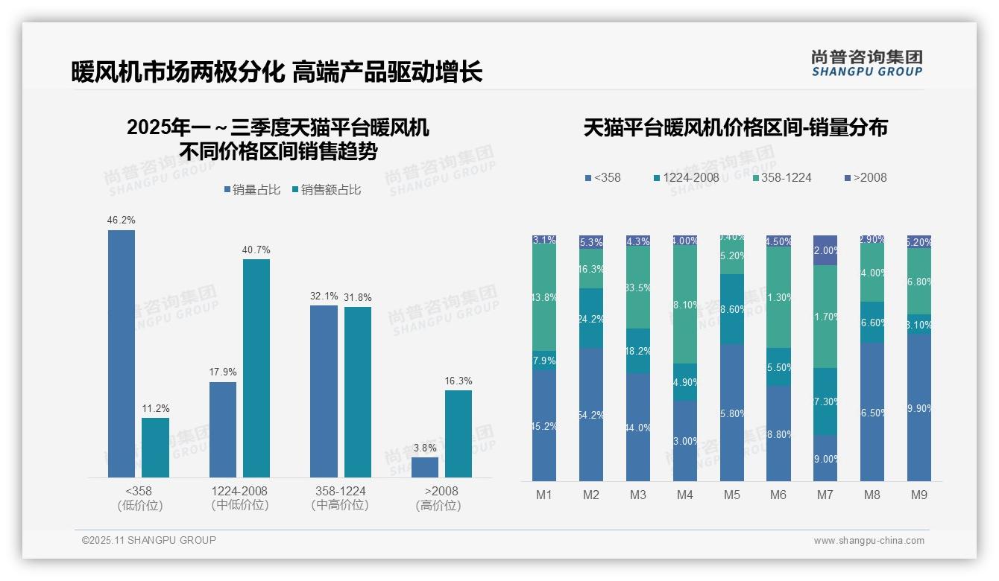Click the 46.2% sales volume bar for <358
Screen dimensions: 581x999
(122, 354)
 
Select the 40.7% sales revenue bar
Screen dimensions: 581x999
(256, 368)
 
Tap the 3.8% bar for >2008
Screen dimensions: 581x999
(425, 467)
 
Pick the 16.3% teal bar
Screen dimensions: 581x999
(458, 434)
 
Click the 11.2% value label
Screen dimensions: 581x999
(156, 408)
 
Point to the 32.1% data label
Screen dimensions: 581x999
(324, 296)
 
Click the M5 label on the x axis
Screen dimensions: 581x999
(731, 495)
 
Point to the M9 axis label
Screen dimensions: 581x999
(919, 495)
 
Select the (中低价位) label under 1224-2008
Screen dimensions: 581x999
(239, 505)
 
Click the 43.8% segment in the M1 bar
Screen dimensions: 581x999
(544, 297)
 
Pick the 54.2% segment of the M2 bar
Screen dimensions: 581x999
(591, 414)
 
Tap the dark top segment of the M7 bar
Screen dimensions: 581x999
(825, 250)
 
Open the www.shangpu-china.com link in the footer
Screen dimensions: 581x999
(869, 541)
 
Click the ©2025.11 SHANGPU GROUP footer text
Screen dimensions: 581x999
(149, 540)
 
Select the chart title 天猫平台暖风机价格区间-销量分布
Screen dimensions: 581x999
(735, 128)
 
